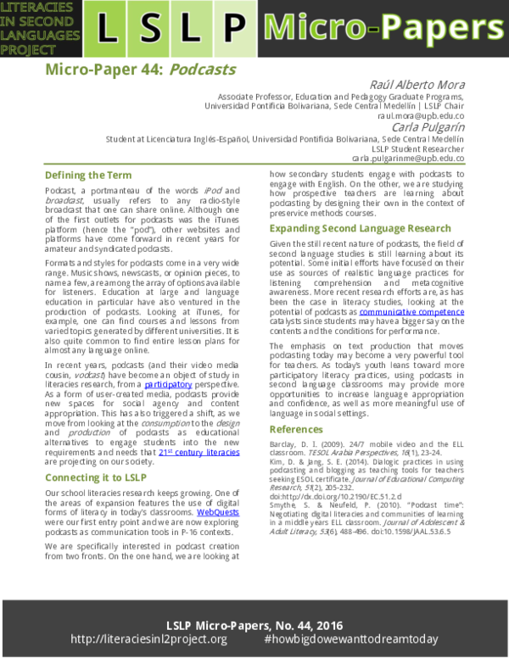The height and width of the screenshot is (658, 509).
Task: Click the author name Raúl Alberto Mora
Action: coord(414,83)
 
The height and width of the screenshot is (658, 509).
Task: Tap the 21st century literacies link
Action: coord(199,453)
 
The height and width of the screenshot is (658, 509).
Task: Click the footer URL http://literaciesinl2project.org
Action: coord(148,639)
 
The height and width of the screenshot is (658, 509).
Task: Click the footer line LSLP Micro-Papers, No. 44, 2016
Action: coord(255,623)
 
